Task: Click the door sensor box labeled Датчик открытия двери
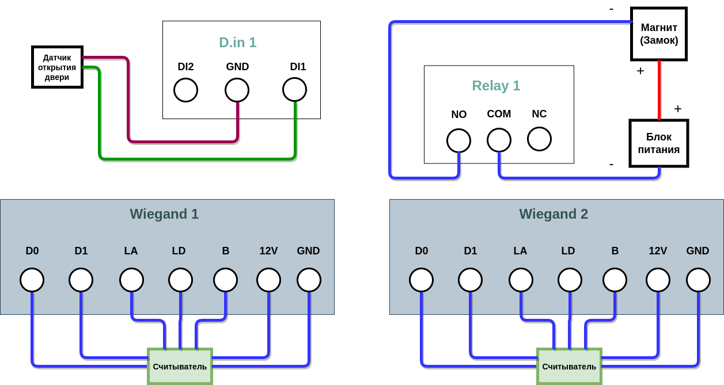(x=57, y=67)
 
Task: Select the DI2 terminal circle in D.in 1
(x=185, y=90)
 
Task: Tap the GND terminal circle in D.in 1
(x=237, y=90)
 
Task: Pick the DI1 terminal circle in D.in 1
(x=294, y=89)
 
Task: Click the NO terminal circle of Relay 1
(x=458, y=140)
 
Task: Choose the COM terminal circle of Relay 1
(x=499, y=140)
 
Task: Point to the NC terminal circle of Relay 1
(x=539, y=139)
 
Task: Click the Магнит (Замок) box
(x=659, y=34)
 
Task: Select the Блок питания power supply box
(x=658, y=143)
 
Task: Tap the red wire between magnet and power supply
(x=659, y=90)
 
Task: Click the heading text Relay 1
(x=496, y=86)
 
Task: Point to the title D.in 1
(x=237, y=43)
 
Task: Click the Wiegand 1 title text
(x=164, y=214)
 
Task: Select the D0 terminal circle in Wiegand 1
(x=32, y=280)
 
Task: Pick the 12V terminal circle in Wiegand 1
(x=268, y=280)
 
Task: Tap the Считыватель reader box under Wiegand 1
(x=180, y=366)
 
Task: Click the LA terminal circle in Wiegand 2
(x=521, y=280)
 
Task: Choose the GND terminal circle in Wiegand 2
(x=698, y=280)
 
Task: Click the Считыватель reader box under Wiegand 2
(x=569, y=366)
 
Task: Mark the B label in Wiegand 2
(x=615, y=251)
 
